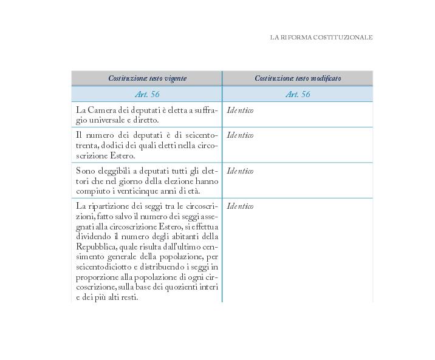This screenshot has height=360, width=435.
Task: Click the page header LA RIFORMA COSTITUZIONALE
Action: point(321,38)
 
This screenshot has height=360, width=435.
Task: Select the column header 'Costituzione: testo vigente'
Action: point(147,78)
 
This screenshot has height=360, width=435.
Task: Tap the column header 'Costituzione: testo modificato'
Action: point(298,78)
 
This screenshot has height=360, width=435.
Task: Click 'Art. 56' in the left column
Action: point(147,94)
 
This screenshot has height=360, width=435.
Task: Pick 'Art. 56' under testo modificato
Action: point(298,94)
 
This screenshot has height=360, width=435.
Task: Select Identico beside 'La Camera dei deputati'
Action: point(240,110)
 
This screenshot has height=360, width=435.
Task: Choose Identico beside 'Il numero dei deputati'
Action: point(240,135)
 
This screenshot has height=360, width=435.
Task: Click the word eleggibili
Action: point(117,171)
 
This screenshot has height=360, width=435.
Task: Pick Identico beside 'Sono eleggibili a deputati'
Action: point(240,171)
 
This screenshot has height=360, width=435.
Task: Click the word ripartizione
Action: point(111,206)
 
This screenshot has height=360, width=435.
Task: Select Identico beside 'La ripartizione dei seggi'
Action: point(240,206)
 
